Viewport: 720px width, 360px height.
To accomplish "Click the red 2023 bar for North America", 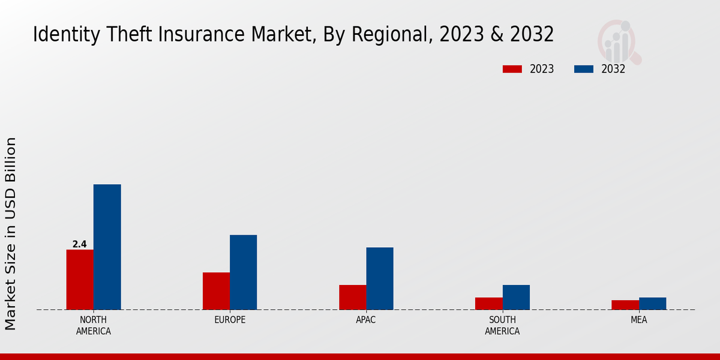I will [x=80, y=280].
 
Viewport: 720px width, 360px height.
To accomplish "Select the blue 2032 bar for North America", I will [x=107, y=247].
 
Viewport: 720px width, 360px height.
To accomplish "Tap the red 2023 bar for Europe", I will [x=216, y=291].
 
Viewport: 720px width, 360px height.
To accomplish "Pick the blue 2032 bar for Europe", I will [x=243, y=272].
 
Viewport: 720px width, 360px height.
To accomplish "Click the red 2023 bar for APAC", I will [x=352, y=297].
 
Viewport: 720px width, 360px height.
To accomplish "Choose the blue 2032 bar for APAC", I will [x=380, y=278].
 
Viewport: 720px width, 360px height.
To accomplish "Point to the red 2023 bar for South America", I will [x=488, y=304].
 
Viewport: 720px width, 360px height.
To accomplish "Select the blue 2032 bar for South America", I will [x=516, y=297].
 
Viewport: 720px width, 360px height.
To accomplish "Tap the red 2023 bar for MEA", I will [x=625, y=305].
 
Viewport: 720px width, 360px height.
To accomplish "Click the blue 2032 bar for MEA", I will [x=652, y=304].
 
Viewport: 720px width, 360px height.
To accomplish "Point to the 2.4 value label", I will [x=79, y=244].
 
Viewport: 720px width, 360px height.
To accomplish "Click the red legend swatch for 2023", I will [x=512, y=69].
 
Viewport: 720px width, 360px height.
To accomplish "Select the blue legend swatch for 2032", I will [x=584, y=69].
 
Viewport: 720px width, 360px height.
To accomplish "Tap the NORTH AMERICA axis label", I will [x=94, y=325].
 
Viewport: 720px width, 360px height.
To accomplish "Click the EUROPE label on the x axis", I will [x=230, y=320].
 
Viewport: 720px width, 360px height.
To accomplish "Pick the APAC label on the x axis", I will [x=366, y=320].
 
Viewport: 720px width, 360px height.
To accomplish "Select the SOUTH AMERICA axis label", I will [x=502, y=325].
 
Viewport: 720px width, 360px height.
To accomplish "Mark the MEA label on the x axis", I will [x=638, y=320].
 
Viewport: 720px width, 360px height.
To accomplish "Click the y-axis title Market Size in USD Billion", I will [x=11, y=233].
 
